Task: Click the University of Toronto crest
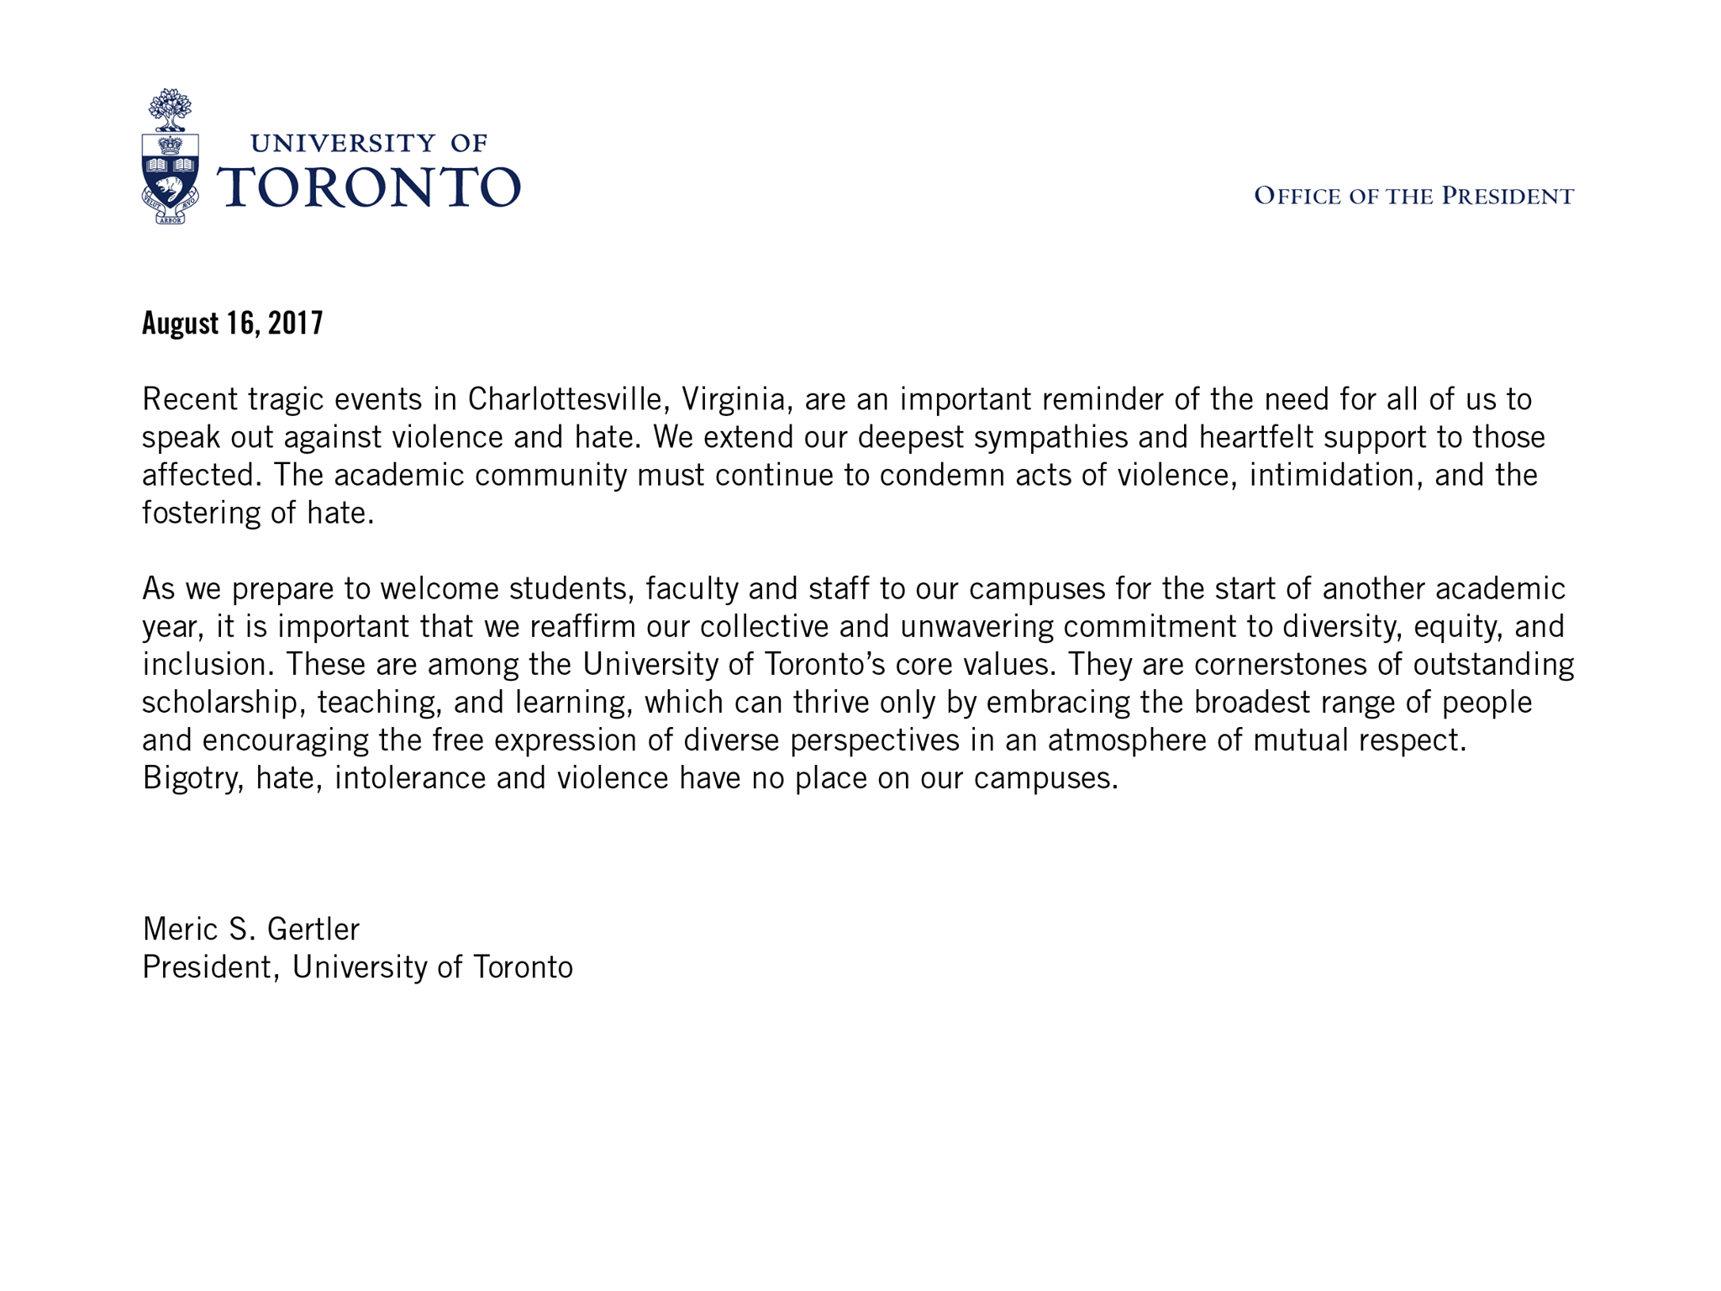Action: point(171,156)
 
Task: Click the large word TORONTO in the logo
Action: point(369,186)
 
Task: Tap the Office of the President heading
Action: point(1413,197)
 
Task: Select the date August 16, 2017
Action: point(233,324)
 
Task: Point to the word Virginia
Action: point(737,399)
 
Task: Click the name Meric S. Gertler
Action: point(251,930)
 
